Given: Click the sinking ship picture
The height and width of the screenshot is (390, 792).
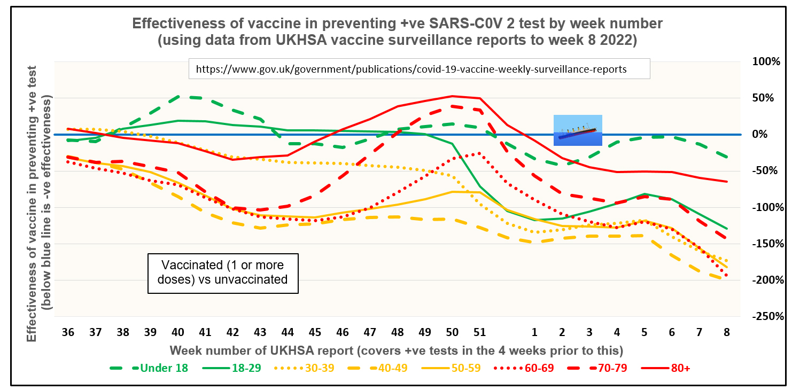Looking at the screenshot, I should point(578,130).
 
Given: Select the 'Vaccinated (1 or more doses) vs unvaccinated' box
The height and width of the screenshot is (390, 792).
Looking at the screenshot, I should point(223,272).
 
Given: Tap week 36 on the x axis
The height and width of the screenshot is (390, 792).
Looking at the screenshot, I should point(68,332).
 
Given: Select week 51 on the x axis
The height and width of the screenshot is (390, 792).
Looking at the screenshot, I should point(480,332).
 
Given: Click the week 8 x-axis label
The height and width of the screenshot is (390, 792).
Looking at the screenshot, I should point(727,332).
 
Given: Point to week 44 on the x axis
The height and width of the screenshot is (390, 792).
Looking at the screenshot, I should point(288,332).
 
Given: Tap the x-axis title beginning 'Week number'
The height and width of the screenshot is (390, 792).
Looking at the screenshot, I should point(397,350).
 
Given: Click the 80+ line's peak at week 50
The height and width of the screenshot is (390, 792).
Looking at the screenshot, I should point(453,96).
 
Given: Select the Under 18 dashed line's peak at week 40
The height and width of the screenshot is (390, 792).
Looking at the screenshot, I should point(178,97).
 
